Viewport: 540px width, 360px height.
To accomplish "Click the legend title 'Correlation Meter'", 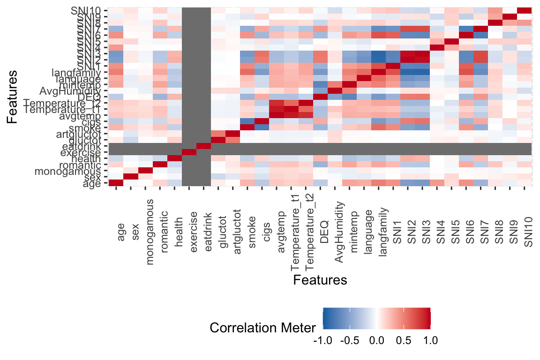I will point(263,328).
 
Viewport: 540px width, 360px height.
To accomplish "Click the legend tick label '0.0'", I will point(377,341).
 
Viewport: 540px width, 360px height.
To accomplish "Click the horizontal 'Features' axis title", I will point(320,280).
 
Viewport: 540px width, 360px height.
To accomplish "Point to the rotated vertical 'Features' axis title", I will point(14,97).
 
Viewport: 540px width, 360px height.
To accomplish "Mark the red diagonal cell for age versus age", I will point(116,183).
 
